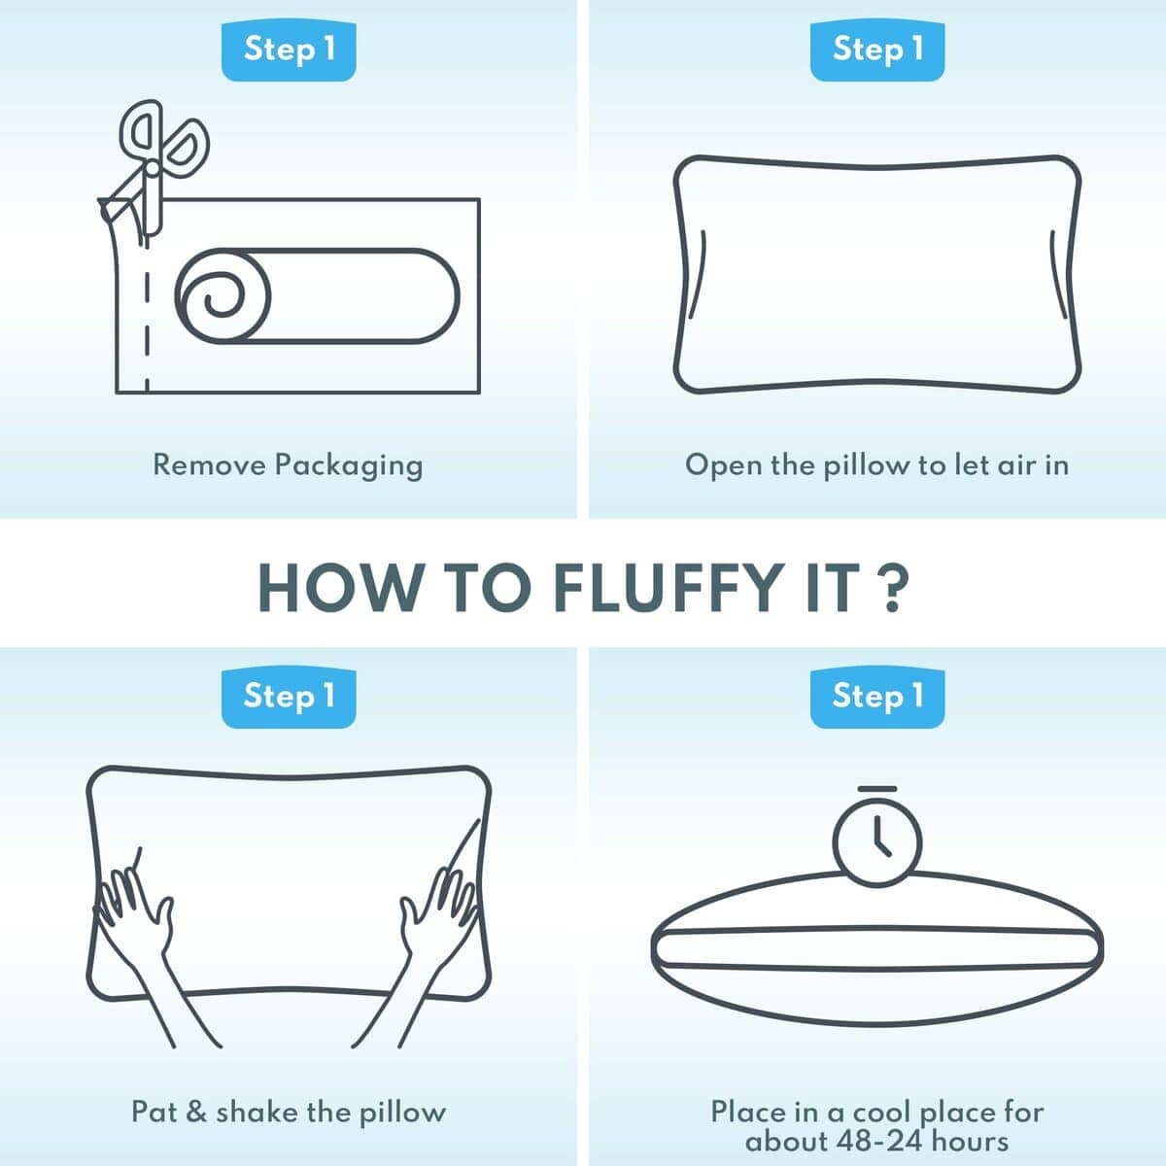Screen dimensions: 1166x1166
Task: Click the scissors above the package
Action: [x=155, y=163]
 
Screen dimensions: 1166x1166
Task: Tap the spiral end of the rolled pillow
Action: [x=223, y=296]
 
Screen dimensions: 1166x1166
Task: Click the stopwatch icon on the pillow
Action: [x=876, y=838]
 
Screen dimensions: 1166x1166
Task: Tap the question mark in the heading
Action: [x=892, y=588]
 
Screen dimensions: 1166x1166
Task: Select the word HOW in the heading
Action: [x=341, y=589]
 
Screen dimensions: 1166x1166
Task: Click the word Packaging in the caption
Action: [x=349, y=466]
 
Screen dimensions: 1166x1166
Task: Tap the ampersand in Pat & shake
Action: [x=196, y=1113]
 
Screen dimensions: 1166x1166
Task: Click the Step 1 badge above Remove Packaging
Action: [x=289, y=50]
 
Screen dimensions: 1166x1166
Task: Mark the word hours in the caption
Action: [x=970, y=1141]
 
